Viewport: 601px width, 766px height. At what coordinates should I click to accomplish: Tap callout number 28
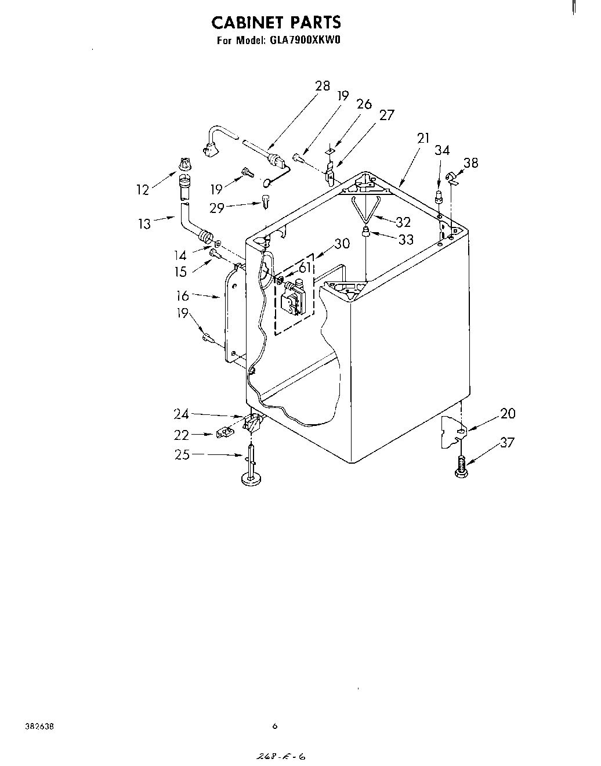pos(322,86)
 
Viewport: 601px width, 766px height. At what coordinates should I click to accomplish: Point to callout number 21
pos(423,138)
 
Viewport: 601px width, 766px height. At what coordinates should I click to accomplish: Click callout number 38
pos(470,163)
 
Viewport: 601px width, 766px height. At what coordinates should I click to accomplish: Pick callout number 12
pos(143,189)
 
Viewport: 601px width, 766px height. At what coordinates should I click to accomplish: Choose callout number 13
pos(144,223)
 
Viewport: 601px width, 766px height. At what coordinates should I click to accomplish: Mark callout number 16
pos(183,296)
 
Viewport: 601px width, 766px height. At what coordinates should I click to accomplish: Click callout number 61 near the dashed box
pos(305,268)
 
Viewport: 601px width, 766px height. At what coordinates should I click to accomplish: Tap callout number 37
pos(506,442)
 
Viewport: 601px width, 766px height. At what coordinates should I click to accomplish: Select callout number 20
pos(508,414)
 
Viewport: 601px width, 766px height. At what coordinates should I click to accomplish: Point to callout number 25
pos(182,454)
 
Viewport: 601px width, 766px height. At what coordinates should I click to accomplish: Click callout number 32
pos(403,222)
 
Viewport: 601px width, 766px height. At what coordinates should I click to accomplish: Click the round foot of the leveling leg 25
pos(251,479)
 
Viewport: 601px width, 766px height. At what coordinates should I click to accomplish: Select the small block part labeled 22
pos(224,433)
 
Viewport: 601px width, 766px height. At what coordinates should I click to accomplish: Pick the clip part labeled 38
pos(451,178)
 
